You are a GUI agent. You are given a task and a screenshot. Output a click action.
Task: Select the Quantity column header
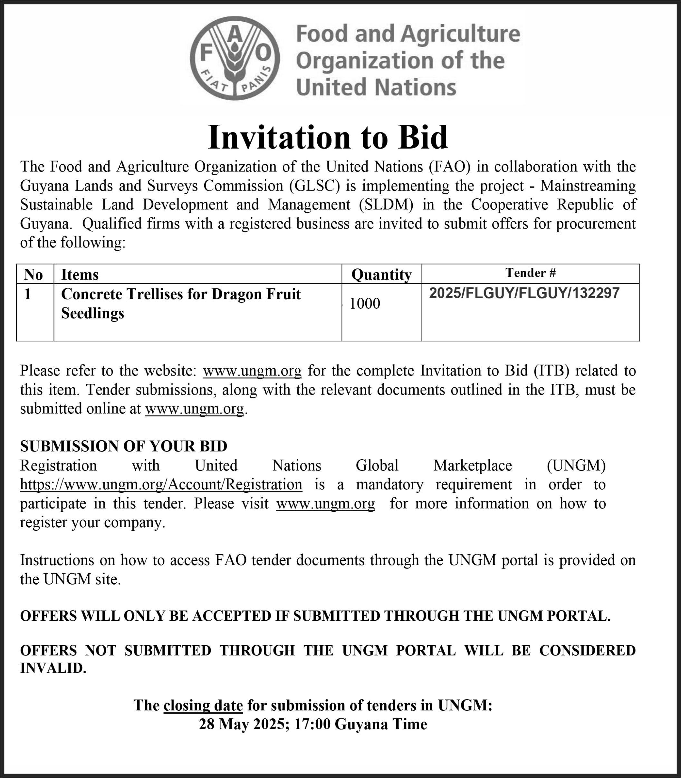381,275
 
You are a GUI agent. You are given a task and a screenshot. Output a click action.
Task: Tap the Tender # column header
531,273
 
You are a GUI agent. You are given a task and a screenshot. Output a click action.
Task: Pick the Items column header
80,275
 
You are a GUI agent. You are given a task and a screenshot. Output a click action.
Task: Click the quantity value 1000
364,304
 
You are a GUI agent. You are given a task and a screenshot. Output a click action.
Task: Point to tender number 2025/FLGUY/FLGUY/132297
524,293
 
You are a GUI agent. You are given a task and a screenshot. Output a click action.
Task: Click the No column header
34,275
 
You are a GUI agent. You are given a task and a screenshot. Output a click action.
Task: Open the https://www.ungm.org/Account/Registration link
161,485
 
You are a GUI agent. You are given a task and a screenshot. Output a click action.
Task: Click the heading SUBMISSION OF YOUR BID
123,446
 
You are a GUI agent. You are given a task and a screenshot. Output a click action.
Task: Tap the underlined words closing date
203,705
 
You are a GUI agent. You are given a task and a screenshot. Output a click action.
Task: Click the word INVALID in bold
53,668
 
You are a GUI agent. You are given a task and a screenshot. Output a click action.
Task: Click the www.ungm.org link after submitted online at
194,409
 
